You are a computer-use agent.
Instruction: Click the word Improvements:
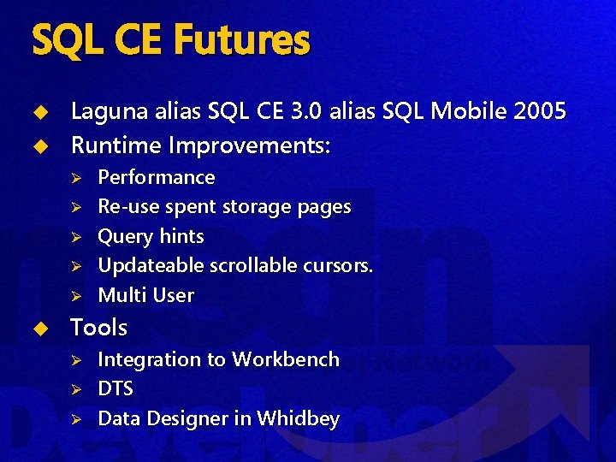tap(249, 145)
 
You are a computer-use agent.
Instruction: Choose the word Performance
tap(157, 177)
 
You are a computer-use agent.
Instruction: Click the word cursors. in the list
tap(338, 265)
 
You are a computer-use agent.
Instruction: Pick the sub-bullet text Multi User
tap(146, 295)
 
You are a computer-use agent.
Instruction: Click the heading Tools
tap(98, 327)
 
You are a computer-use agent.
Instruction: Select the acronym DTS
tap(115, 389)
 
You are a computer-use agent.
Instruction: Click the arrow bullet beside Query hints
tap(75, 237)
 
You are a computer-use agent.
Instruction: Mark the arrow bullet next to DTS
tap(75, 390)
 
